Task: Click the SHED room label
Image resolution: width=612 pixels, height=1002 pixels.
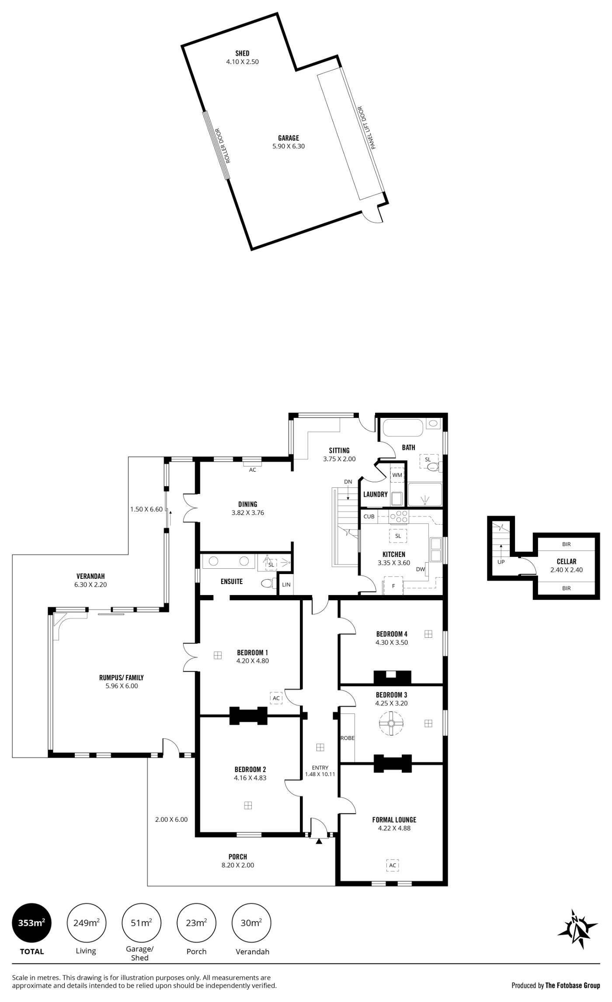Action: click(242, 53)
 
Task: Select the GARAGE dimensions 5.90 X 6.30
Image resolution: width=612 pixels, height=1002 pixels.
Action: click(289, 146)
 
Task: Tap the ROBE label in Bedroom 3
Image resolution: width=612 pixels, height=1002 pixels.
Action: click(348, 738)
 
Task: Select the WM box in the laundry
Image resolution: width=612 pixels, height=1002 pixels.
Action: click(397, 475)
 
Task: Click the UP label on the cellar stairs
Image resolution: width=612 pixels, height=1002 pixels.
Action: click(501, 562)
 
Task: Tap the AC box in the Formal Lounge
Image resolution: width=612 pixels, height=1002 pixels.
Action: click(393, 865)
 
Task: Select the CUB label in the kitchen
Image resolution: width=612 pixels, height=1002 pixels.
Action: click(369, 516)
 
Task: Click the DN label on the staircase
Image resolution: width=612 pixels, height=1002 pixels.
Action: click(348, 482)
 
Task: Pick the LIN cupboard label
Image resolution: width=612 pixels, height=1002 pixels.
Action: click(286, 584)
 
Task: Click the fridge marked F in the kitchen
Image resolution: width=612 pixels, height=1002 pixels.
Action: click(393, 586)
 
